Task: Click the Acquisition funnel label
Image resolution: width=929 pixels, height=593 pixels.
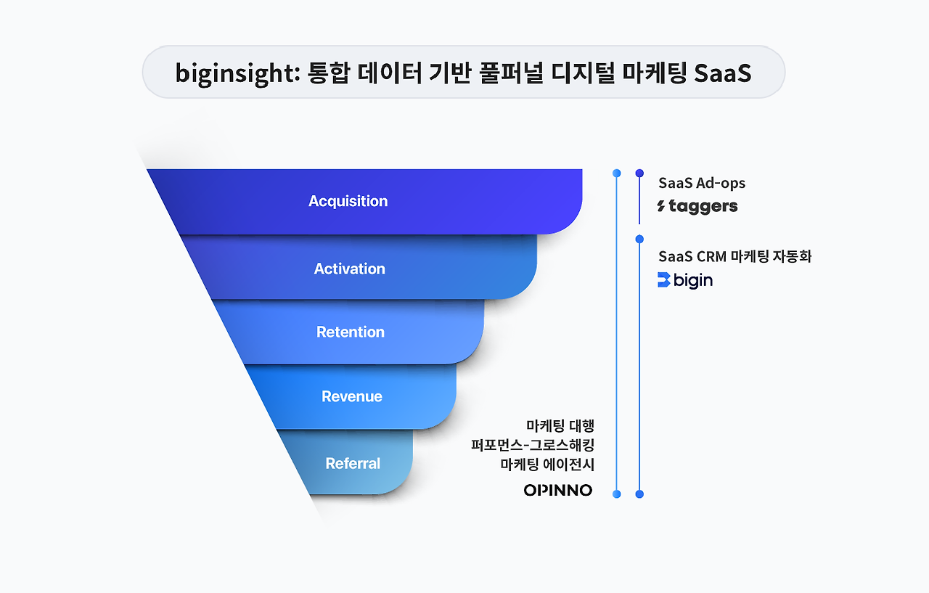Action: tap(348, 202)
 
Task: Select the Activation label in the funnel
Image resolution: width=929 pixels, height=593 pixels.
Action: tap(350, 269)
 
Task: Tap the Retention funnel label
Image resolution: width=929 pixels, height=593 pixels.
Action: tap(351, 332)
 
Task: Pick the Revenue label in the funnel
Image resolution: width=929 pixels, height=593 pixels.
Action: tap(352, 396)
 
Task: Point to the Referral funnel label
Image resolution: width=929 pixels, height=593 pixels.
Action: tap(353, 463)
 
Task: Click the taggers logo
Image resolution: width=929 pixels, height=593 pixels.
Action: tap(697, 207)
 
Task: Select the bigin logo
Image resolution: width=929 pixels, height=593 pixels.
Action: tap(685, 280)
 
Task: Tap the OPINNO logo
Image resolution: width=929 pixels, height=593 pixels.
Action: tap(558, 490)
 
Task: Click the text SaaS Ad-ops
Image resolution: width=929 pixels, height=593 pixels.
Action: tap(702, 183)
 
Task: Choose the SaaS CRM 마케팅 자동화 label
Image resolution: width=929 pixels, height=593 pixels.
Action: tap(735, 256)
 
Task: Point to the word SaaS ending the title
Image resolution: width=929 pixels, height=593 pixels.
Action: tap(722, 73)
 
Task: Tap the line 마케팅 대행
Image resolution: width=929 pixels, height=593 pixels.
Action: tap(560, 425)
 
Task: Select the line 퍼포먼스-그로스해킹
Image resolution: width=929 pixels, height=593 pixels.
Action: tap(533, 445)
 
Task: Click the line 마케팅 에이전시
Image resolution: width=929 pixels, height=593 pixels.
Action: tap(547, 465)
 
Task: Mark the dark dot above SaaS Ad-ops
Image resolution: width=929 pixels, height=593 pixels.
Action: tap(639, 173)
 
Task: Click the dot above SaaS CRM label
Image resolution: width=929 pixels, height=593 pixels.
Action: tap(639, 239)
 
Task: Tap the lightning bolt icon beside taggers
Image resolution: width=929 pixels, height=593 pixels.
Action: tap(661, 205)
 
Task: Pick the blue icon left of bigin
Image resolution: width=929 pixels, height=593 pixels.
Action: tap(664, 280)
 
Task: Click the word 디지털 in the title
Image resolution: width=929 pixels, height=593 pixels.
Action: tap(583, 73)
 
